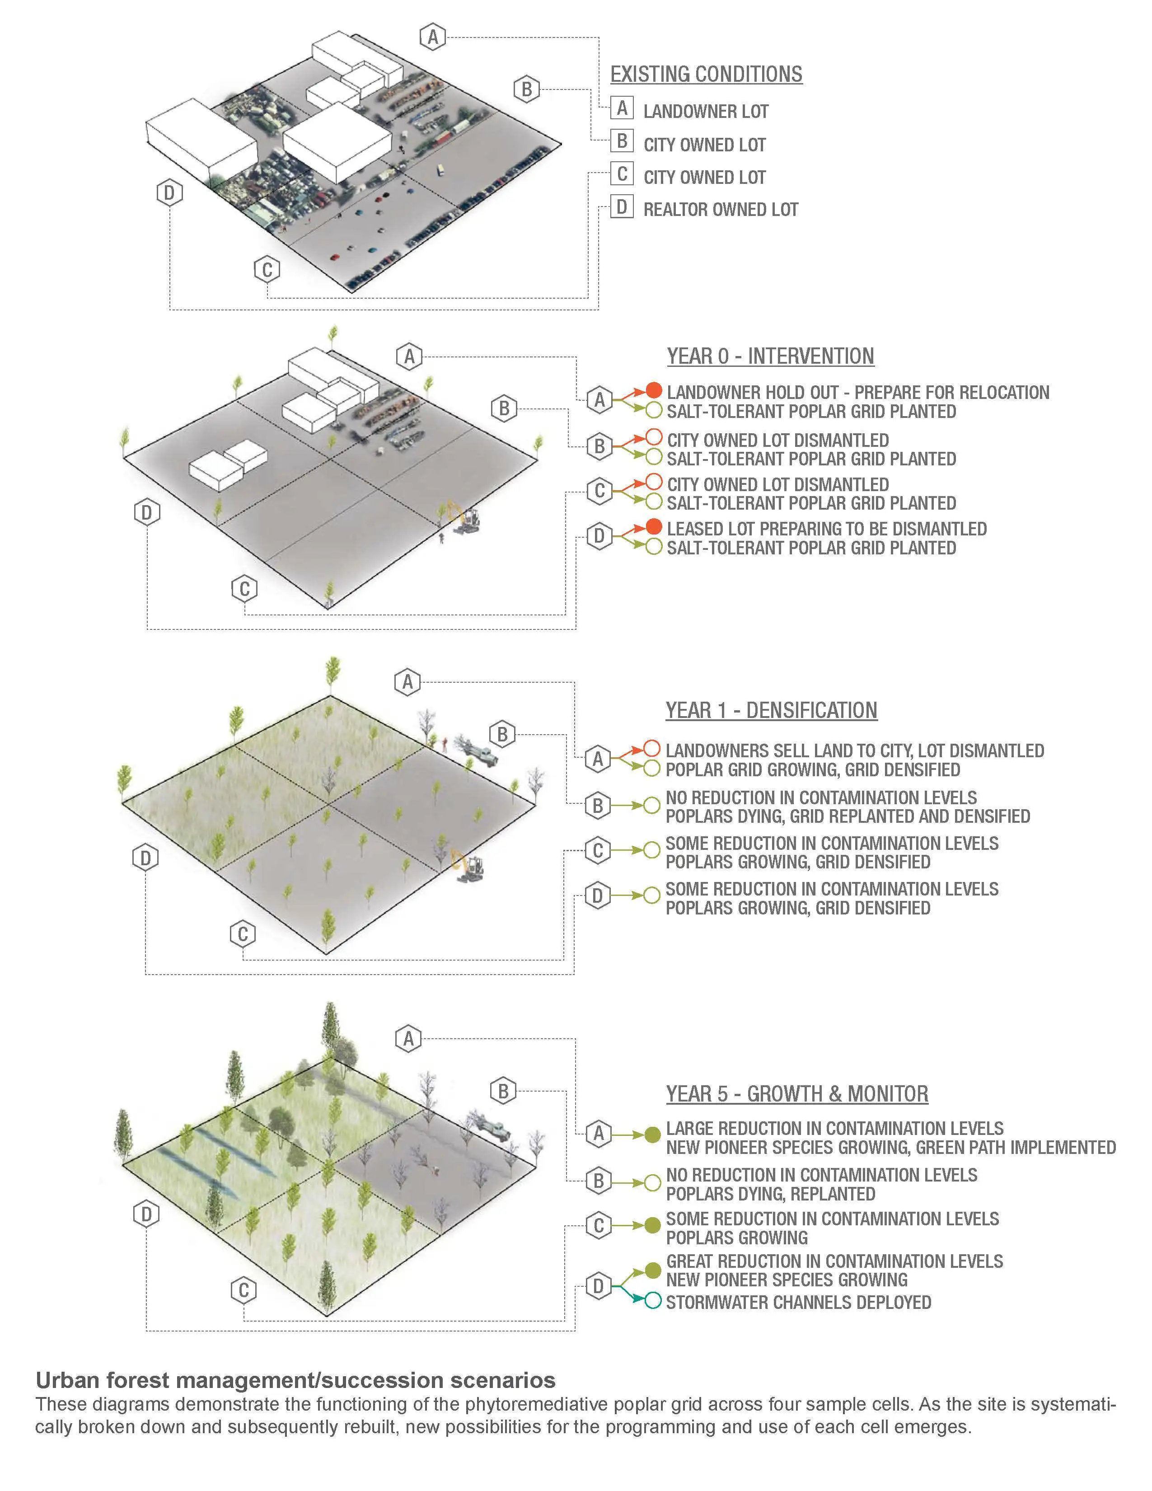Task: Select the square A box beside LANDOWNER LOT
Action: pyautogui.click(x=622, y=108)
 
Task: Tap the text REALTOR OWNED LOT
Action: pyautogui.click(x=721, y=210)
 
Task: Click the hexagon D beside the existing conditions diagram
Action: pyautogui.click(x=169, y=193)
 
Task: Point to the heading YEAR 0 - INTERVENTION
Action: pyautogui.click(x=771, y=356)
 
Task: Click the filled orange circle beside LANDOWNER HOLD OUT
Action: pyautogui.click(x=654, y=390)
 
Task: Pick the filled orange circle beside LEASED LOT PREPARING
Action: pyautogui.click(x=654, y=527)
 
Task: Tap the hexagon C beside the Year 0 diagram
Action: pyautogui.click(x=244, y=588)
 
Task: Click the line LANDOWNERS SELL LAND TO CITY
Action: pyautogui.click(x=854, y=751)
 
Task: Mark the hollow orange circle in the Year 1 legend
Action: pyautogui.click(x=652, y=748)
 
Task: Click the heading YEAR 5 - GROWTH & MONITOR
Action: pyautogui.click(x=797, y=1094)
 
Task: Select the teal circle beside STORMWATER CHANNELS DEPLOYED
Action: pyautogui.click(x=653, y=1301)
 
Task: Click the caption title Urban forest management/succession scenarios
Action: pyautogui.click(x=295, y=1380)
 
